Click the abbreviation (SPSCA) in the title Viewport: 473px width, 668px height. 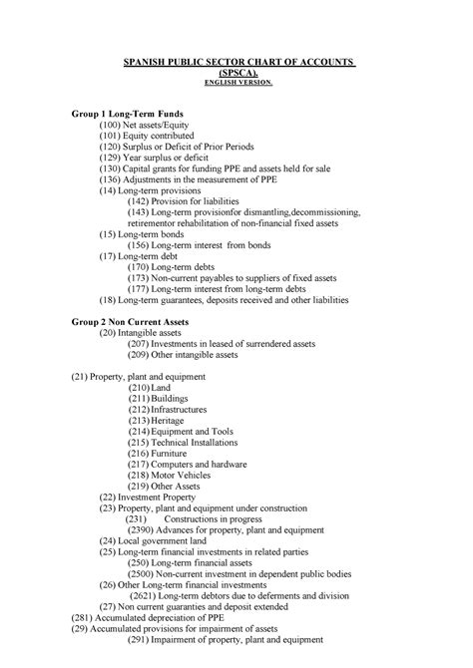[x=236, y=73]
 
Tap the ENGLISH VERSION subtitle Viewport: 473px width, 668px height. [x=236, y=84]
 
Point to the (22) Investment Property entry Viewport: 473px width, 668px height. [x=150, y=496]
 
